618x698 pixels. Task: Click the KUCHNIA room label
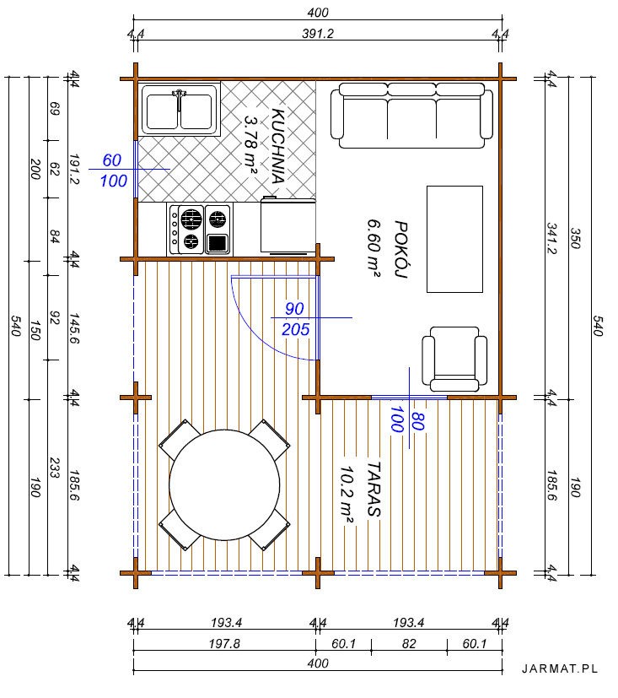pyautogui.click(x=278, y=146)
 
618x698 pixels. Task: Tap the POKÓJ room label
pyautogui.click(x=400, y=249)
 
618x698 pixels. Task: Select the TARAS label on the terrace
pyautogui.click(x=373, y=490)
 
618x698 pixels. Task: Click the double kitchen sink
pyautogui.click(x=180, y=110)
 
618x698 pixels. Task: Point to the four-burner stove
pyautogui.click(x=200, y=230)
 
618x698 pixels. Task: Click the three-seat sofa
pyautogui.click(x=411, y=116)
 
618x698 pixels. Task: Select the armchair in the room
pyautogui.click(x=454, y=360)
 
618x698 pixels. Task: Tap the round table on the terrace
pyautogui.click(x=224, y=484)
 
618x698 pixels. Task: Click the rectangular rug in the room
pyautogui.click(x=454, y=239)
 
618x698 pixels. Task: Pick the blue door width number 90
pyautogui.click(x=295, y=309)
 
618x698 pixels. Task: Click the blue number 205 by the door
pyautogui.click(x=296, y=329)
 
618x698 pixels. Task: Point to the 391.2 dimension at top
pyautogui.click(x=318, y=34)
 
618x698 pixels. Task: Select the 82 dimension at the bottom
pyautogui.click(x=409, y=644)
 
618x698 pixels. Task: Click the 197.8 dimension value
pyautogui.click(x=224, y=644)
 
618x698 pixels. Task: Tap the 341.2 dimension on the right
pyautogui.click(x=551, y=238)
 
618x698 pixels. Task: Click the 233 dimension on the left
pyautogui.click(x=54, y=468)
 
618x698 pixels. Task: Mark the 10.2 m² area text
pyautogui.click(x=347, y=495)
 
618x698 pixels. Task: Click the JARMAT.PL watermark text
pyautogui.click(x=560, y=668)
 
